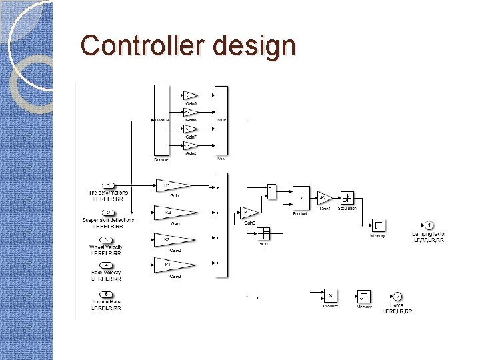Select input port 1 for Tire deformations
(108, 185)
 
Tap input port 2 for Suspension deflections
(108, 212)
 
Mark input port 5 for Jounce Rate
(106, 294)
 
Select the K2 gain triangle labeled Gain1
(172, 212)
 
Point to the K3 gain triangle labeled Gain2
(171, 239)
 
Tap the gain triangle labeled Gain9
(249, 212)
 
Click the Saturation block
(347, 198)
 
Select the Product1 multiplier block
(301, 198)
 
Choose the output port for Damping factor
(429, 225)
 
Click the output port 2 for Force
(397, 296)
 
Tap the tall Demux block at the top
(161, 120)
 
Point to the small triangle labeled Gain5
(190, 96)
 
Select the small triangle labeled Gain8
(190, 145)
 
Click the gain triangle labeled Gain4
(325, 198)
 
